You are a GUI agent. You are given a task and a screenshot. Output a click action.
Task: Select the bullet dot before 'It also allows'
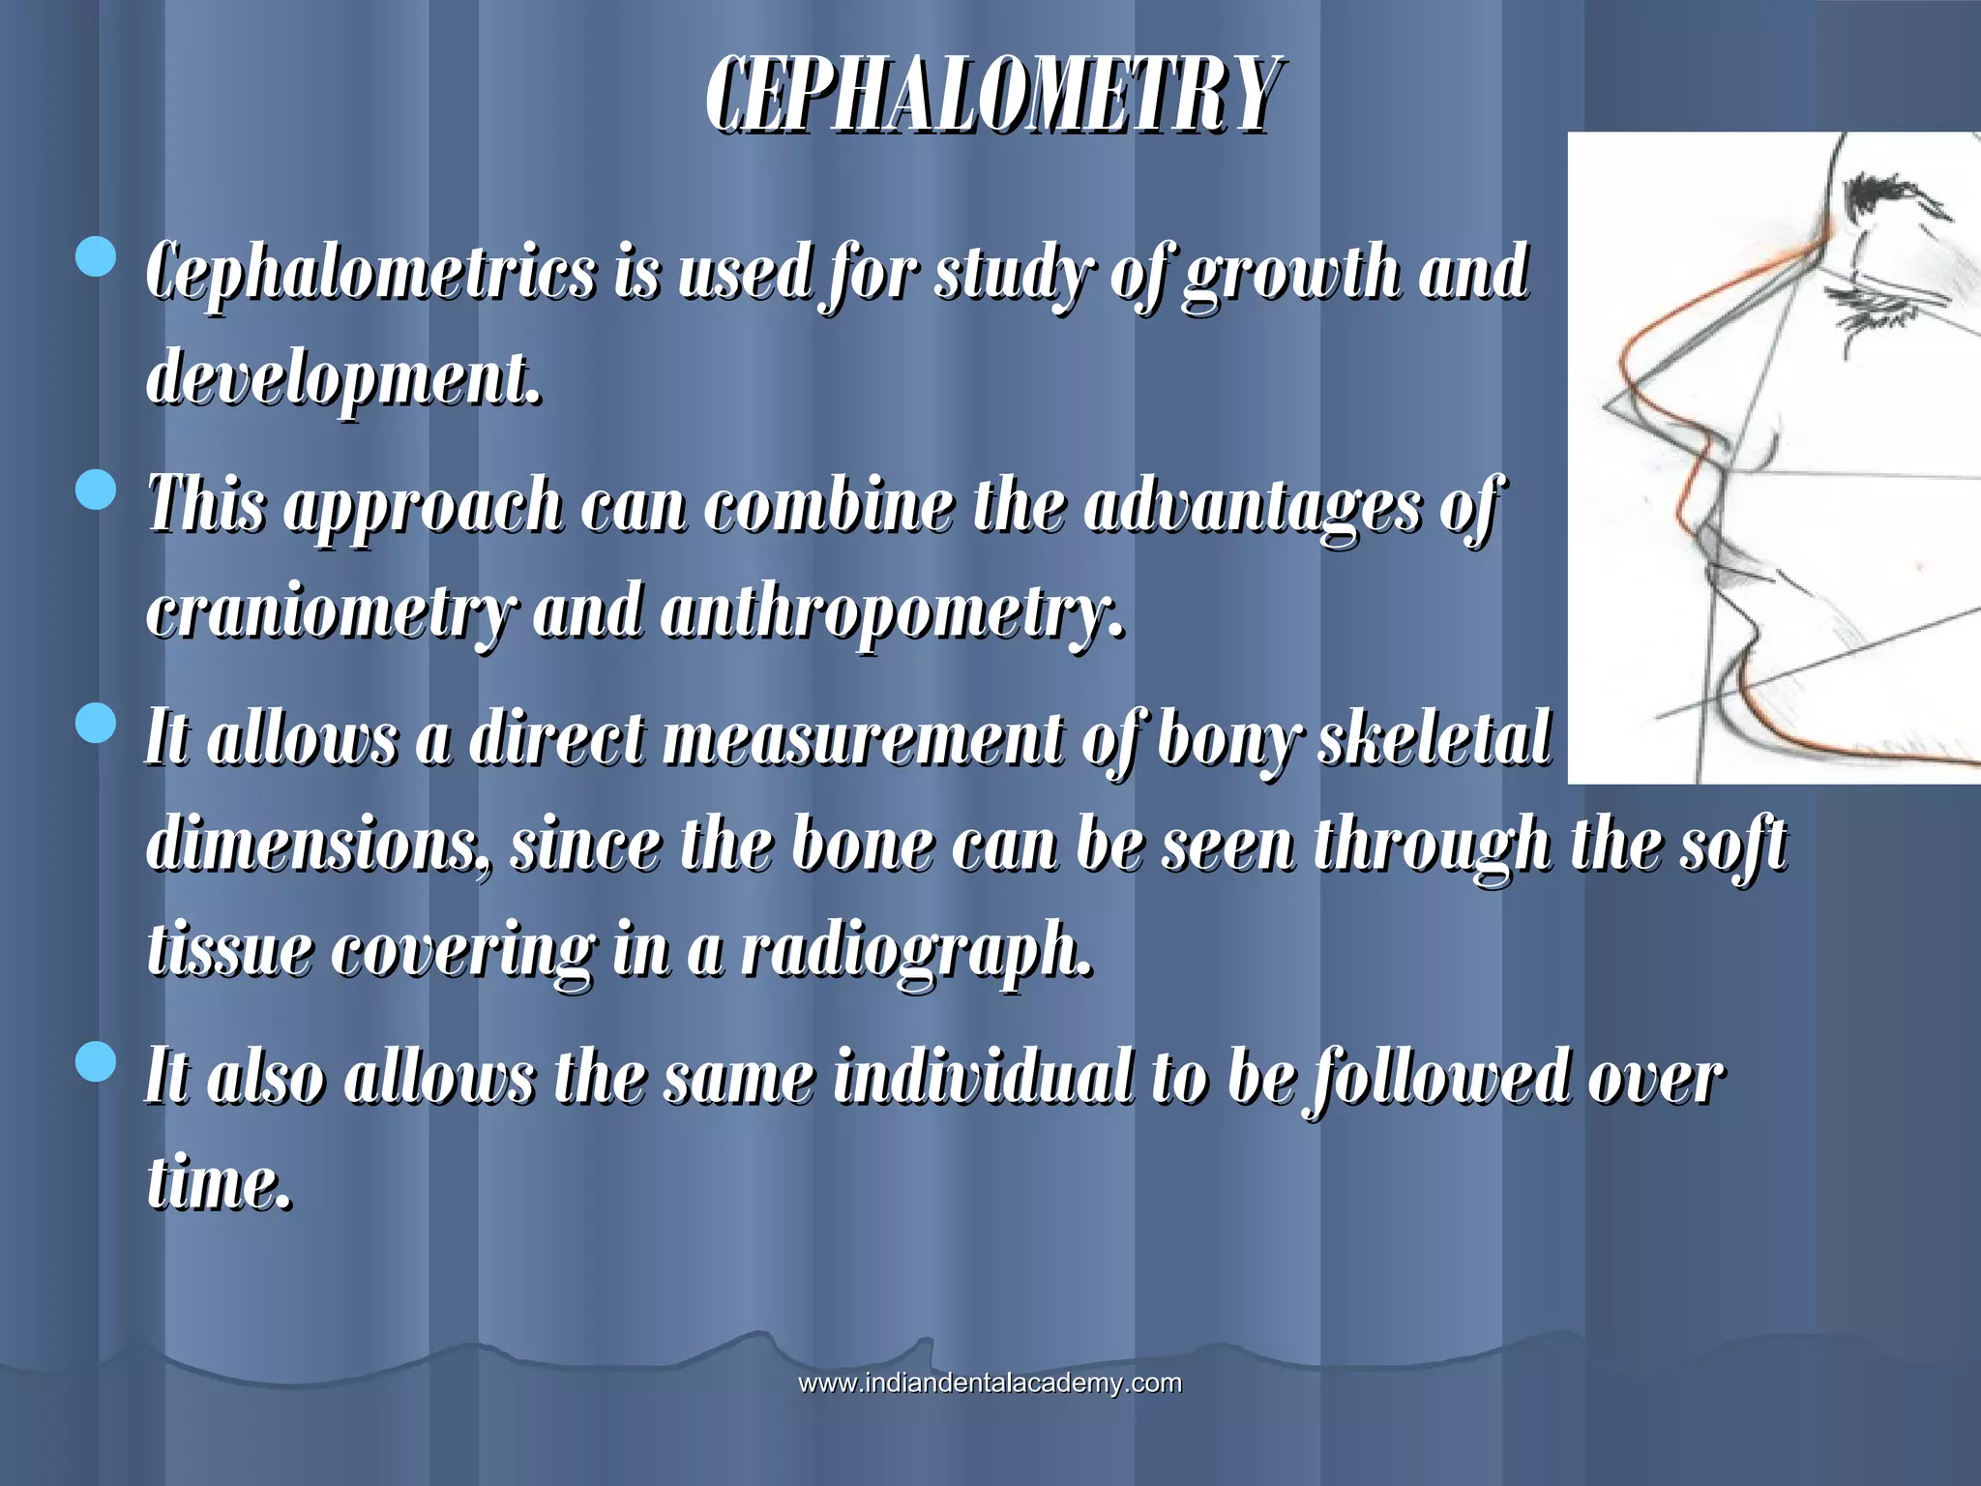95,1061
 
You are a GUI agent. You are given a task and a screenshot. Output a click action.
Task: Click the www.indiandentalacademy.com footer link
990,1382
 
